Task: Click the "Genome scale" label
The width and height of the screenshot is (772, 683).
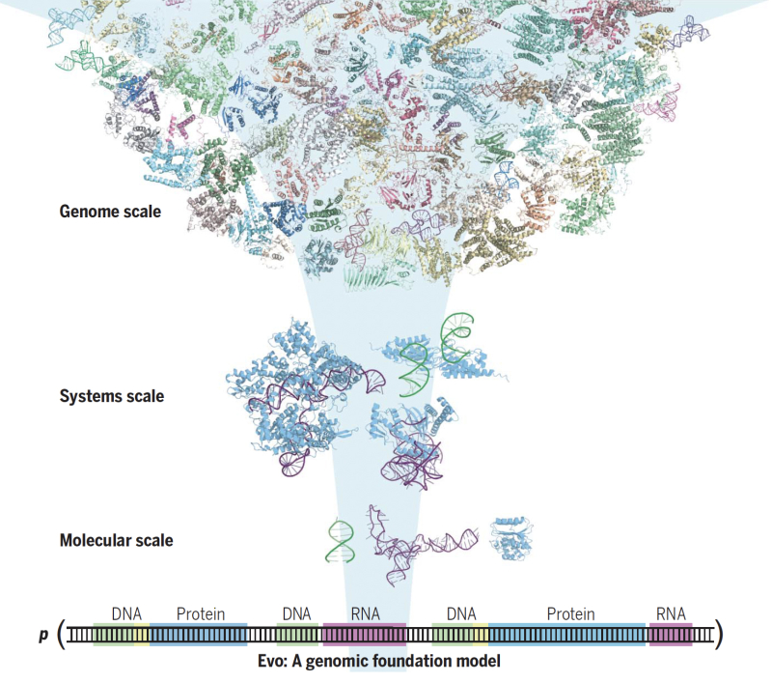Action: point(110,211)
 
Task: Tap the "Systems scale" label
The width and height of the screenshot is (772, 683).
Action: point(112,396)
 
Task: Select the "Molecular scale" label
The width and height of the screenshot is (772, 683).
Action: point(116,540)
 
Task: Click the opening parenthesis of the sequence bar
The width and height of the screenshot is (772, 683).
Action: point(61,635)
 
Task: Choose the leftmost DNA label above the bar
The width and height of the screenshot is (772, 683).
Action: point(127,613)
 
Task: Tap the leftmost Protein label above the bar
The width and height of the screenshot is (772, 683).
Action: point(201,613)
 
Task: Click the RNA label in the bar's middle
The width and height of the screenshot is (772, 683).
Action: point(365,613)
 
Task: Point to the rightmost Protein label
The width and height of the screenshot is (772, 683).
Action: point(570,613)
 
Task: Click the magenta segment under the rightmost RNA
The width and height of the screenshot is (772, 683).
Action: point(671,635)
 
